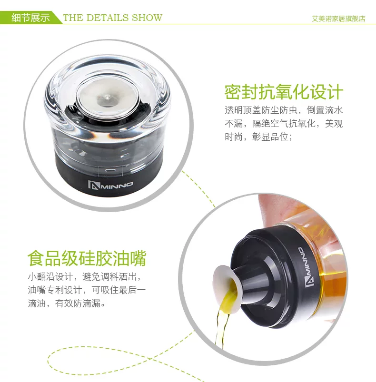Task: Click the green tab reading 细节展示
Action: point(30,18)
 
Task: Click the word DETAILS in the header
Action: point(108,18)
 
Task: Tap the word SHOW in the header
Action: point(147,18)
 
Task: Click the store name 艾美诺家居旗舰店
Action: point(338,19)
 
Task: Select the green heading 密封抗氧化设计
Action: point(284,92)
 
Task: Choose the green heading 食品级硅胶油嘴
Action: point(87,258)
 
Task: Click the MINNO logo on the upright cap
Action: point(110,185)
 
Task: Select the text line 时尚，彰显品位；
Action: point(258,137)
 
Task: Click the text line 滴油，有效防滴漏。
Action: point(67,304)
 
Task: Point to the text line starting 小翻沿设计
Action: point(85,277)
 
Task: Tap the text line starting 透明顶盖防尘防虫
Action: point(284,110)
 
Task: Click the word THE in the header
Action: point(73,18)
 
